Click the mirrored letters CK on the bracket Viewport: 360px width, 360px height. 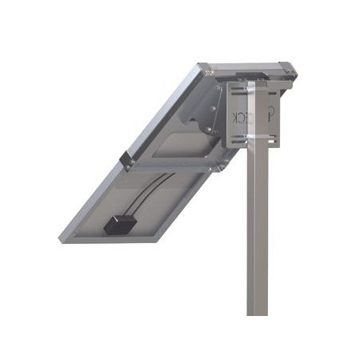tap(240, 117)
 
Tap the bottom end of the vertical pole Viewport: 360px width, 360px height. tap(257, 312)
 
